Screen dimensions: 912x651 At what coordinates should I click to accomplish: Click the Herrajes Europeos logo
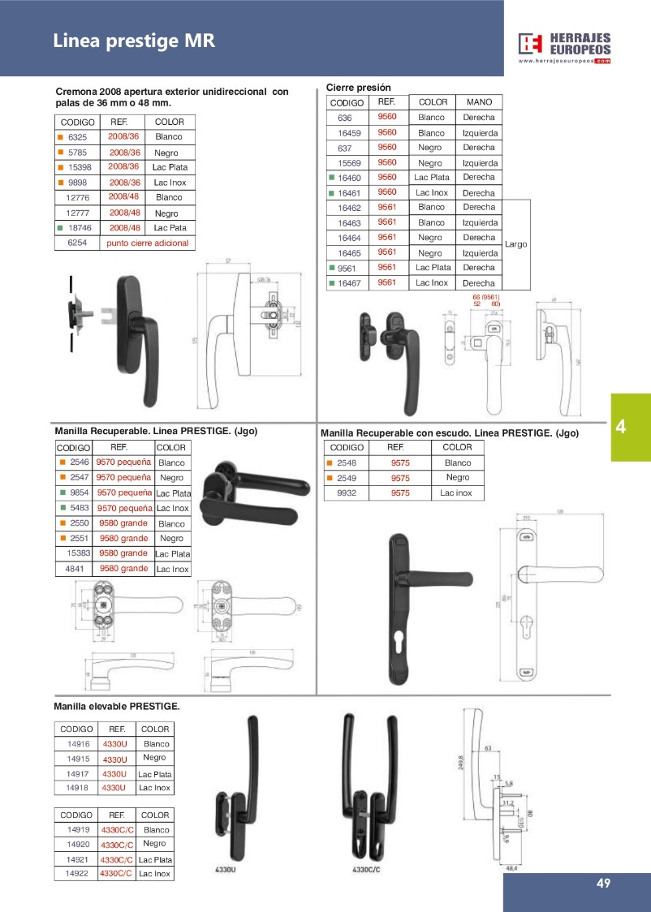click(x=565, y=47)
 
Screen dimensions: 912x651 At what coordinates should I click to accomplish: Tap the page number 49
click(x=602, y=884)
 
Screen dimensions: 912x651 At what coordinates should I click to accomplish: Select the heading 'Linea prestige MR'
click(x=134, y=41)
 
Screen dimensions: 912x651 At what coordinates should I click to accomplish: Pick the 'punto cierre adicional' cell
click(x=148, y=243)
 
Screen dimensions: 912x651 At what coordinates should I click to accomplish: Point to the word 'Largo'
click(x=515, y=243)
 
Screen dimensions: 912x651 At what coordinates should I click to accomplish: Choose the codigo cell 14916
click(x=78, y=743)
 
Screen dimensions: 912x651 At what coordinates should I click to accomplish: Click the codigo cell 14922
click(x=78, y=873)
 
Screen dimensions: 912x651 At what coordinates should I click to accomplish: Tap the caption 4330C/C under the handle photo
click(x=367, y=870)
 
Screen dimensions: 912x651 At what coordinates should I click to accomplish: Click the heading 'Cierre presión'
click(x=358, y=87)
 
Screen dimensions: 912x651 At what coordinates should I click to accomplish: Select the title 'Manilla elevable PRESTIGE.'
click(x=116, y=707)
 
